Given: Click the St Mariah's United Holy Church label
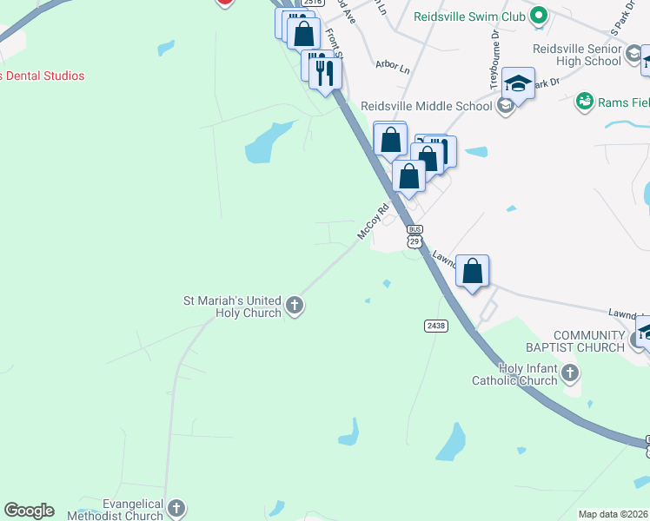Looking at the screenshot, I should click(232, 307).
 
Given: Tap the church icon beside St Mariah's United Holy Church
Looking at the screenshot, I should click(295, 306).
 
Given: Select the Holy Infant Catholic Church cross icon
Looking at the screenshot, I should click(570, 373).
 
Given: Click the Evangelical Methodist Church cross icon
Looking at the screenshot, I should click(176, 508).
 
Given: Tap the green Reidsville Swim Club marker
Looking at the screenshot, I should click(539, 16).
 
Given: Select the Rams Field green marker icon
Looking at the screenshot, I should click(585, 102).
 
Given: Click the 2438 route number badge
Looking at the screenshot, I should click(436, 326).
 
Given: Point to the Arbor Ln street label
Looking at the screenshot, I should click(392, 66).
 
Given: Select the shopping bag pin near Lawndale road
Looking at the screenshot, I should click(472, 271).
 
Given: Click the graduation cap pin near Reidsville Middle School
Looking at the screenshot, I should click(518, 84).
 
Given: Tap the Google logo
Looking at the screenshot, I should click(29, 511).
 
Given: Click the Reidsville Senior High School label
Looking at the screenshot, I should click(591, 55).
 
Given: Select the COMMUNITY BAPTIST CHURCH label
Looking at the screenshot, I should click(588, 341).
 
